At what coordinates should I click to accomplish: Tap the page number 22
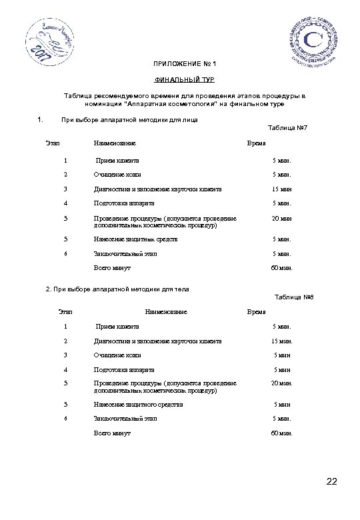click(x=333, y=482)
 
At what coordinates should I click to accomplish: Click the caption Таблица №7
click(x=286, y=127)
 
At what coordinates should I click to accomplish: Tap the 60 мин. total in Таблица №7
click(x=281, y=267)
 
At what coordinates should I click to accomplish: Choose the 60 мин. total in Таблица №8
click(x=281, y=433)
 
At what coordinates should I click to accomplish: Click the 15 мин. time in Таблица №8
click(x=281, y=341)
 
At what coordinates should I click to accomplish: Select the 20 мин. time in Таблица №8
click(x=281, y=383)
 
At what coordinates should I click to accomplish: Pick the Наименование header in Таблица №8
click(x=166, y=311)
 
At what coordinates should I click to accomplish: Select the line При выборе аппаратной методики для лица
click(x=129, y=120)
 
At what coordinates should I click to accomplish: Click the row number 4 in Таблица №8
click(x=65, y=369)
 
